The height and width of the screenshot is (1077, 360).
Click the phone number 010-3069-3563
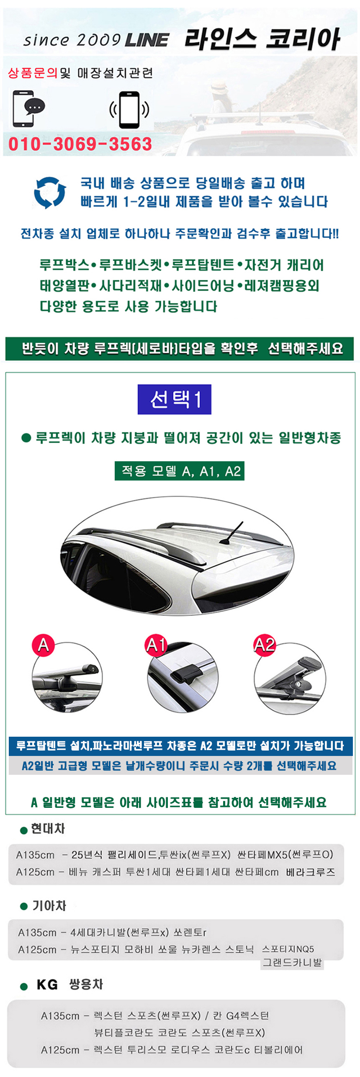[x=80, y=144]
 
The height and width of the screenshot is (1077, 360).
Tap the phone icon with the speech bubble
[x=28, y=108]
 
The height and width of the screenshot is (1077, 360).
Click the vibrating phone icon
[x=129, y=110]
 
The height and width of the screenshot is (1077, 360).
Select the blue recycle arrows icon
[x=50, y=192]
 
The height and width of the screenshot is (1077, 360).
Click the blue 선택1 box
[x=174, y=399]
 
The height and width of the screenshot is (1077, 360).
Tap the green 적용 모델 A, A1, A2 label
[x=179, y=471]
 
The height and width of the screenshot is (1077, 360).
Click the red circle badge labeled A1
[x=156, y=645]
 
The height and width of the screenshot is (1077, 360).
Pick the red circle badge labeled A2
[x=264, y=645]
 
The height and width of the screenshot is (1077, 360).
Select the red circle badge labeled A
[x=44, y=645]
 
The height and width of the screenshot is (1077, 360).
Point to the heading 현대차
[x=48, y=829]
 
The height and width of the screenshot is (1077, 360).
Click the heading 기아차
[x=49, y=906]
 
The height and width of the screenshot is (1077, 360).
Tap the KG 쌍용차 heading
[x=69, y=984]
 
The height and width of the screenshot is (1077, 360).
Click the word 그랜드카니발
[x=292, y=962]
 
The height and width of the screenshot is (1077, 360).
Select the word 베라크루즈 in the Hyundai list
[x=311, y=872]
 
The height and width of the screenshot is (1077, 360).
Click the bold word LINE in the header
[x=147, y=40]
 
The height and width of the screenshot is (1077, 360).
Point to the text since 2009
[x=72, y=40]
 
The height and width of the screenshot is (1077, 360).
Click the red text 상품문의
[x=33, y=73]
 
